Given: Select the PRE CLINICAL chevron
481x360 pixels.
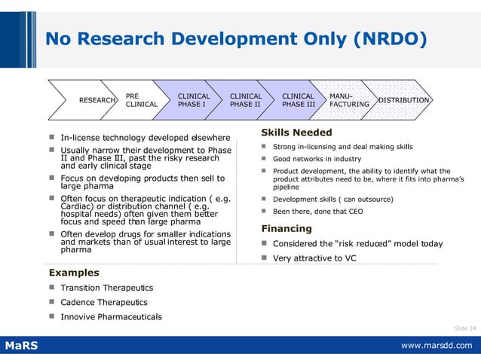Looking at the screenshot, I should (140, 100).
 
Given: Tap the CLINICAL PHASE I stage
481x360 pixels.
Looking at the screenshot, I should (193, 100).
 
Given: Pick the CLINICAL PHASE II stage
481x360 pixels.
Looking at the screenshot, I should (245, 100).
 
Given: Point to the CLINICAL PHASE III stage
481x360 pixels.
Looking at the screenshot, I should (298, 100).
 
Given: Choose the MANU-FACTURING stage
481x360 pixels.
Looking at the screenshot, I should (349, 100).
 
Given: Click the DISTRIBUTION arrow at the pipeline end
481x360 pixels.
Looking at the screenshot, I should (403, 100).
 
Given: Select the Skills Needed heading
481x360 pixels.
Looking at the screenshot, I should (296, 133).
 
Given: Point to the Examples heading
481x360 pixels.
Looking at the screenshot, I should (74, 272).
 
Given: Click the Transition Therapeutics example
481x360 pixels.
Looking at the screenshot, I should (106, 288).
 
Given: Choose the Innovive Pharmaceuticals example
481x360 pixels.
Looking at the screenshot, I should (111, 316).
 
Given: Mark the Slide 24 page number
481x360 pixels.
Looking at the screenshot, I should (464, 328).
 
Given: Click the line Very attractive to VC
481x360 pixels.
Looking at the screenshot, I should (314, 258).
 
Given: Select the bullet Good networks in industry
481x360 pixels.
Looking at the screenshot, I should (317, 159).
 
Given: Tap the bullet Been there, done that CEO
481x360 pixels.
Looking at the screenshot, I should (317, 212).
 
